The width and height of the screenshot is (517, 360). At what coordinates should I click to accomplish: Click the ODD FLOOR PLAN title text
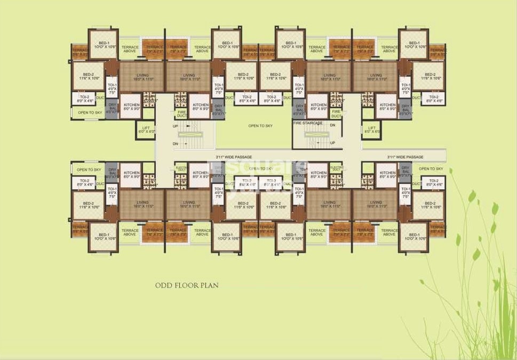pyautogui.click(x=187, y=285)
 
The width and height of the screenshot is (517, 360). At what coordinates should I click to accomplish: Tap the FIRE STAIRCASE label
pyautogui.click(x=308, y=123)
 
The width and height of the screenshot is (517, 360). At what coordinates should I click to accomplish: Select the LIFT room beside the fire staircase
pyautogui.click(x=371, y=129)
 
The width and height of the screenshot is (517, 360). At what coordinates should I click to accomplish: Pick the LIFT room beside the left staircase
pyautogui.click(x=147, y=129)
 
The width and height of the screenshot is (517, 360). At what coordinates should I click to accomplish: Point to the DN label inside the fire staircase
pyautogui.click(x=332, y=125)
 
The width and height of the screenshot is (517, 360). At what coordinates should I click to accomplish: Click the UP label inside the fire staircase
pyautogui.click(x=332, y=143)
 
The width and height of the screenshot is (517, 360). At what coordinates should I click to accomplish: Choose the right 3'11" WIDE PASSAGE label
pyautogui.click(x=405, y=157)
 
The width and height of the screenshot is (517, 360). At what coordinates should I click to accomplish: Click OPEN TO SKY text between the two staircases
pyautogui.click(x=261, y=126)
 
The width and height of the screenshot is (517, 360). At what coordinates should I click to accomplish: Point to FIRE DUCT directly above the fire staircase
pyautogui.click(x=336, y=114)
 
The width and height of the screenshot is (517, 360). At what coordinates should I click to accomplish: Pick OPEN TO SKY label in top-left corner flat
pyautogui.click(x=90, y=113)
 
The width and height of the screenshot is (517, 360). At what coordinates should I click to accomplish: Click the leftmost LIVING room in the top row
pyautogui.click(x=141, y=77)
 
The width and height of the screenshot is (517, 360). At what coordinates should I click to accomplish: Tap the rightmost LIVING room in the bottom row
pyautogui.click(x=376, y=204)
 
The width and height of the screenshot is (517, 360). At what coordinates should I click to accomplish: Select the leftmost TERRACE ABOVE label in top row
pyautogui.click(x=130, y=49)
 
